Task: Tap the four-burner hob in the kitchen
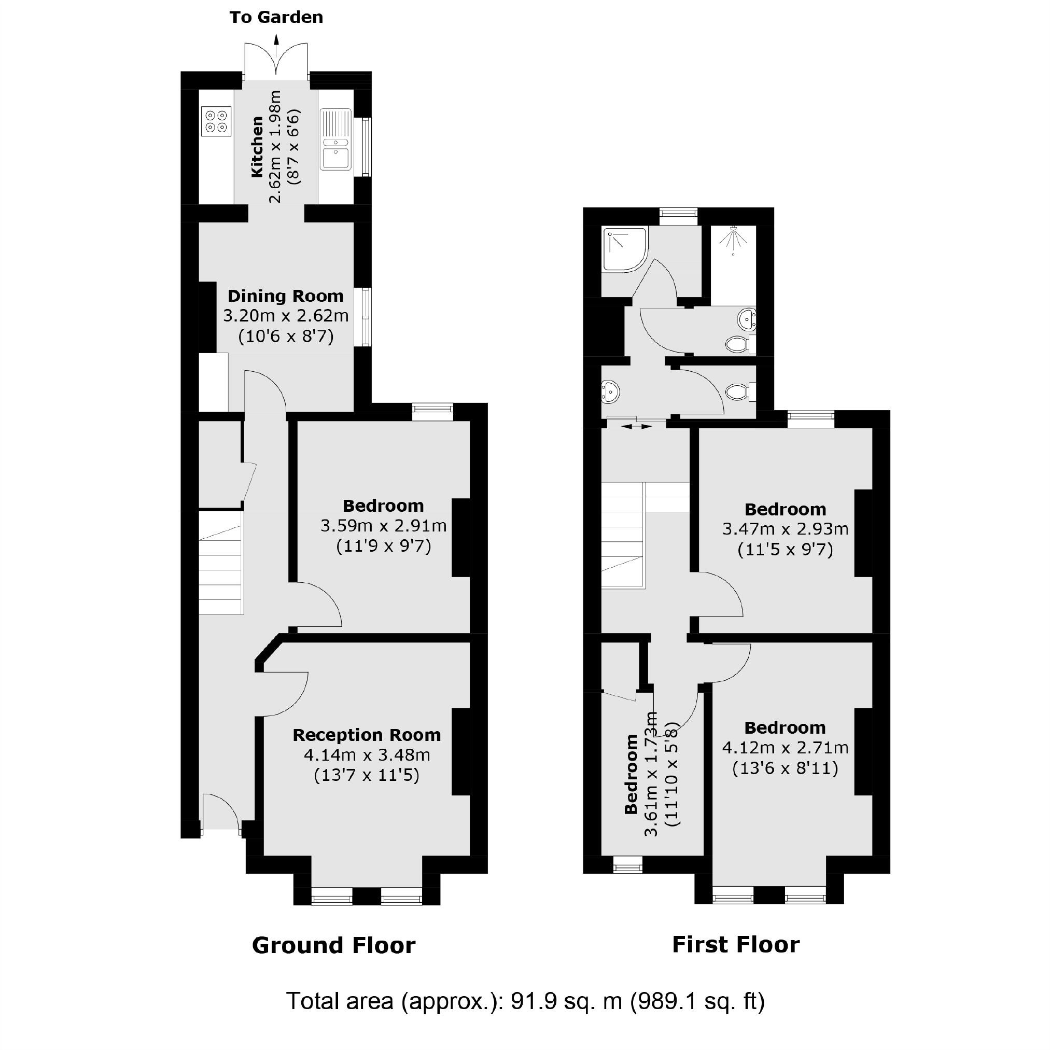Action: point(216,121)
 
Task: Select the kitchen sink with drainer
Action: point(335,139)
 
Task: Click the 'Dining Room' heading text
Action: point(285,296)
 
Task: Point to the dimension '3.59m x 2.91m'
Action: point(383,526)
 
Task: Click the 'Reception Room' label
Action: point(366,735)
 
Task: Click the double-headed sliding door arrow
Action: point(636,427)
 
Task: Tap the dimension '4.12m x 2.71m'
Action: point(785,748)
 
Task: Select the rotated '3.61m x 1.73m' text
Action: point(651,774)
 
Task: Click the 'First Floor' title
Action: point(735,945)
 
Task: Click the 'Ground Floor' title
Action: point(334,946)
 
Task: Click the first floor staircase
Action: point(623,535)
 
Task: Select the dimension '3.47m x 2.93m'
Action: point(785,529)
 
